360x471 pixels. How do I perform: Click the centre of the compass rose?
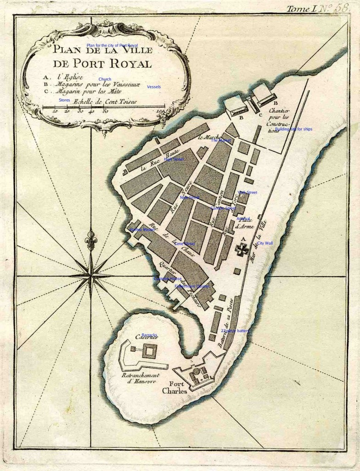tap(91, 276)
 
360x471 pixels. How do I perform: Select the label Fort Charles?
tap(175, 388)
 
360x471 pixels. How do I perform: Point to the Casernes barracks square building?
tap(149, 351)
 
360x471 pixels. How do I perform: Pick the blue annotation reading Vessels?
tap(154, 86)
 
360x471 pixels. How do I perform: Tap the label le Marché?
tap(207, 137)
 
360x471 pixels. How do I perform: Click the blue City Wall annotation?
tap(265, 243)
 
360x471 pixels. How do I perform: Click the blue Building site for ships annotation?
tap(293, 129)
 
